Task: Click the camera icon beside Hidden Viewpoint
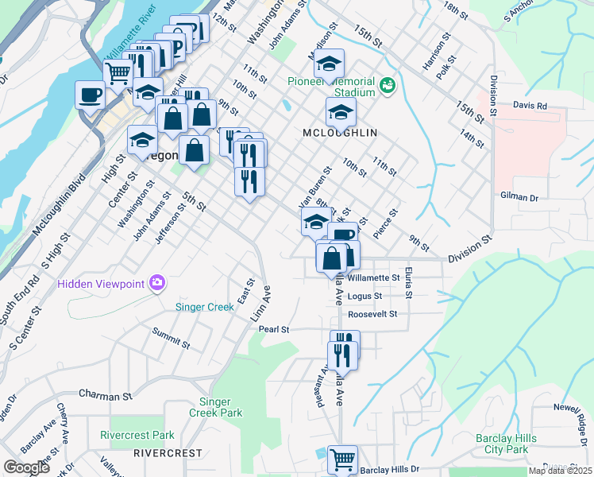pos(157,283)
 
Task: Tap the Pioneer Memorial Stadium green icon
pos(388,84)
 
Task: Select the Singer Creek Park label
pos(215,407)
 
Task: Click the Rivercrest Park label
pos(137,435)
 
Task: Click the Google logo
pos(26,467)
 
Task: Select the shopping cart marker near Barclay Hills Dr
pos(342,460)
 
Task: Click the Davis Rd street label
pos(530,105)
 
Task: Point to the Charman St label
pos(105,395)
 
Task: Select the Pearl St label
pos(273,328)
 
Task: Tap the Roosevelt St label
pos(372,314)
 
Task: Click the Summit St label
pos(172,339)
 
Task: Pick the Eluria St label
pos(408,283)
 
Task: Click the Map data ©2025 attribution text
pos(560,471)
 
